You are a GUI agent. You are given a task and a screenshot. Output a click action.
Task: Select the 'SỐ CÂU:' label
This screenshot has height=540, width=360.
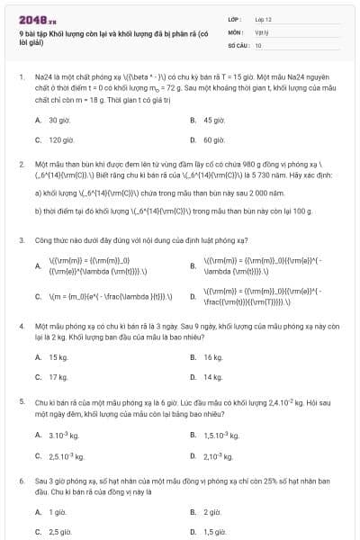pos(238,44)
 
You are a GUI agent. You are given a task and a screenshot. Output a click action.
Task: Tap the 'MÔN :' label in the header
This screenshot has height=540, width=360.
pos(236,31)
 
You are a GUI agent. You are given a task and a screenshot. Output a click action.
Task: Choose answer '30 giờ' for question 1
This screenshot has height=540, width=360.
pos(59,120)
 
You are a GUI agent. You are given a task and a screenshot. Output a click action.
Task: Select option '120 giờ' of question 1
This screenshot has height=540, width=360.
pos(61,139)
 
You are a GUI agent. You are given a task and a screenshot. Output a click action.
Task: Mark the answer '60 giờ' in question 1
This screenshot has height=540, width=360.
pos(213,139)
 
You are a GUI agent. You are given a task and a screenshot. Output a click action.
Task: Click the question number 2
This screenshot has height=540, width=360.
pos(22,166)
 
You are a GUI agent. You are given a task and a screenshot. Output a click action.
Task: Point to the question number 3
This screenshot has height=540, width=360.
pos(22,240)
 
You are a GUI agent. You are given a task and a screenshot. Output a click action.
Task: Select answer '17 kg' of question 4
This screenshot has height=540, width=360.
pos(58,377)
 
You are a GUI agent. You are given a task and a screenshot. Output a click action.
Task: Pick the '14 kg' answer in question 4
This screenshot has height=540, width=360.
pos(212,377)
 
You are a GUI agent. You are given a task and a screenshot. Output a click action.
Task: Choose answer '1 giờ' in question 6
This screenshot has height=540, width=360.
pos(58,512)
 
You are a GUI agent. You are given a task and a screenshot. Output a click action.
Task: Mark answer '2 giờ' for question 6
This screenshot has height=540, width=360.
pos(212,512)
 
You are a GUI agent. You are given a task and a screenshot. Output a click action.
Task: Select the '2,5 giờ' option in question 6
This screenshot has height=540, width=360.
pos(59,532)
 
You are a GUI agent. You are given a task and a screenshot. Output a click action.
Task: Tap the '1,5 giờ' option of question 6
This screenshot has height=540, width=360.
pos(214,532)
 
